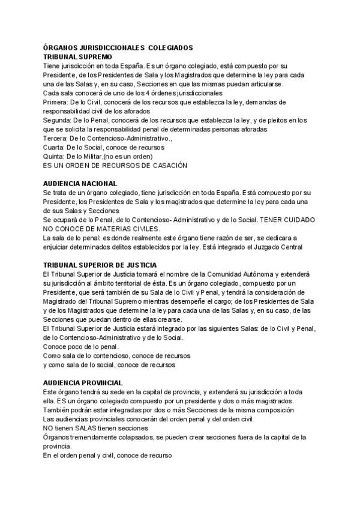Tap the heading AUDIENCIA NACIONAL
80,183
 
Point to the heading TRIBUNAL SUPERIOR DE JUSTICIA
100,265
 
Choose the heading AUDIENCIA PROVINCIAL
83,382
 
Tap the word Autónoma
245,273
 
